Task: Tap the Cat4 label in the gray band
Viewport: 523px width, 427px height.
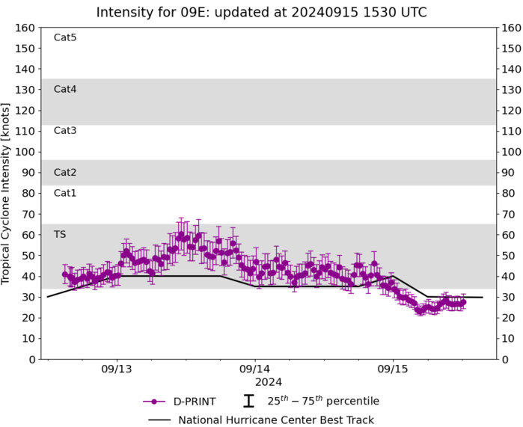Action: pos(65,89)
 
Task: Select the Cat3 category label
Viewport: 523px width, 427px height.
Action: pos(65,131)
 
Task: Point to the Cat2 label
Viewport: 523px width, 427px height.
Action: pos(65,172)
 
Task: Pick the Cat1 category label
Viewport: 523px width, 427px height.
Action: pos(65,193)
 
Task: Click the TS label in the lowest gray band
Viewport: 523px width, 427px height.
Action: pos(60,234)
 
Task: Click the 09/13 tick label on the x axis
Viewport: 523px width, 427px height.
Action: pos(116,370)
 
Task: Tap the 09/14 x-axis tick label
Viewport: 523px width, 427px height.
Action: pos(254,370)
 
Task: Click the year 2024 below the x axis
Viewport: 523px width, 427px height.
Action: pos(254,382)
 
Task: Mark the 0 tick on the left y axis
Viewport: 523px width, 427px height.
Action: pos(31,359)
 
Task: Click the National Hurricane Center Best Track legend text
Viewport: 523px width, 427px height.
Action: pos(275,420)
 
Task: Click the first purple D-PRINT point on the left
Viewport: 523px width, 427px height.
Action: pos(64,274)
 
